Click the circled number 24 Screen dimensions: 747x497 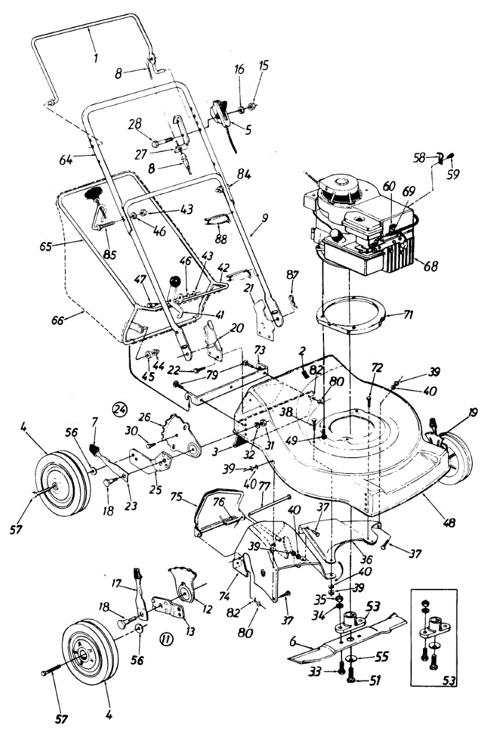[118, 410]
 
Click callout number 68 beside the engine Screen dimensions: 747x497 [429, 266]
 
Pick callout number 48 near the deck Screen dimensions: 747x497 [430, 502]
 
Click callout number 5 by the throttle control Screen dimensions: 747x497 [249, 131]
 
